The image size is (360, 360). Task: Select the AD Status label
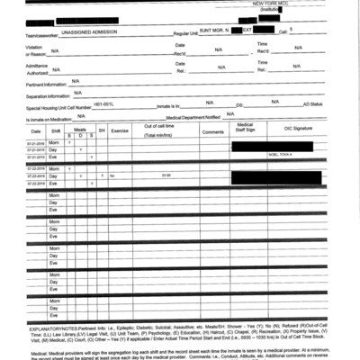(312, 105)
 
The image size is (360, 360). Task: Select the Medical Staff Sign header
(245, 129)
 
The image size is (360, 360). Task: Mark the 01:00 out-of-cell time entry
(166, 175)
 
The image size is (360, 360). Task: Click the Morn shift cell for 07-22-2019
(54, 168)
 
